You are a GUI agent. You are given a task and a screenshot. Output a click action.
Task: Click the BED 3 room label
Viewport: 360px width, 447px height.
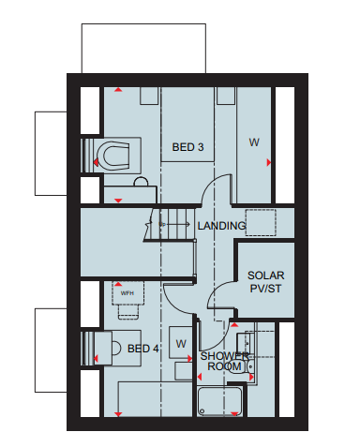pyautogui.click(x=187, y=147)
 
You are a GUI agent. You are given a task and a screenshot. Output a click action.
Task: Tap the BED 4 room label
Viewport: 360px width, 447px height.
pyautogui.click(x=143, y=349)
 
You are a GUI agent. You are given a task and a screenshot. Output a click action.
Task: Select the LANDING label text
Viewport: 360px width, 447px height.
pyautogui.click(x=221, y=226)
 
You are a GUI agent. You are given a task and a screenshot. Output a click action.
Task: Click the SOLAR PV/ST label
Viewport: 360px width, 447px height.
pyautogui.click(x=266, y=282)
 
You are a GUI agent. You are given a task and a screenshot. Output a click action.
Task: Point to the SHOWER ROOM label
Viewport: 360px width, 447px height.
pyautogui.click(x=225, y=361)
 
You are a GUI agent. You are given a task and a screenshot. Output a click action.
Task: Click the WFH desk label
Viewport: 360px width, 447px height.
pyautogui.click(x=127, y=293)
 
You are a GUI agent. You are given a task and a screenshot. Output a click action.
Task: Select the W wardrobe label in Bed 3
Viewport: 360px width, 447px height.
pyautogui.click(x=254, y=142)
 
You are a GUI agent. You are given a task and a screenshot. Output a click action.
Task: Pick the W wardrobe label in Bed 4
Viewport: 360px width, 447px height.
pyautogui.click(x=181, y=344)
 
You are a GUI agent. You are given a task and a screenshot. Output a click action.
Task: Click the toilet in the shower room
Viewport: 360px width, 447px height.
pyautogui.click(x=241, y=366)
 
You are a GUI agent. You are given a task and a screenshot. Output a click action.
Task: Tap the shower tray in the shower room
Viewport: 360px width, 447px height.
pyautogui.click(x=219, y=401)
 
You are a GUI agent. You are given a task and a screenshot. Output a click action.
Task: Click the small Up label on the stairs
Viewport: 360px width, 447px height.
pyautogui.click(x=162, y=224)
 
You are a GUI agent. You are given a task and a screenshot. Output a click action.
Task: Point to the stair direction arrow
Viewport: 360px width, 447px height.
pyautogui.click(x=177, y=224)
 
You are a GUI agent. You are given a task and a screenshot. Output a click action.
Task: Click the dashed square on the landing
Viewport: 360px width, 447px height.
pyautogui.click(x=261, y=222)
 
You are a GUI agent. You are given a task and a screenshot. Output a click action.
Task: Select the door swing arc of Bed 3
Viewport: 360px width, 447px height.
pyautogui.click(x=209, y=184)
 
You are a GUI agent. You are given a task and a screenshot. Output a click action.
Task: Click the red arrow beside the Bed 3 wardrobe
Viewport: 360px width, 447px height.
pyautogui.click(x=269, y=162)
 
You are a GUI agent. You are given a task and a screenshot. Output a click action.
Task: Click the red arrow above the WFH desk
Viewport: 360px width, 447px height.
pyautogui.click(x=118, y=284)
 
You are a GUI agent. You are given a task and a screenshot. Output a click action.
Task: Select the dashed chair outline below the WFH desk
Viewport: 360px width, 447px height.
pyautogui.click(x=128, y=312)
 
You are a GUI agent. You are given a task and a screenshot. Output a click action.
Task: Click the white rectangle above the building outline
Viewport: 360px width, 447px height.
pyautogui.click(x=143, y=49)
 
